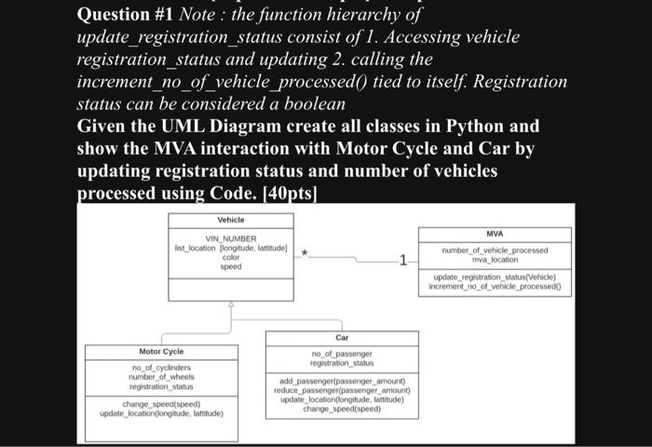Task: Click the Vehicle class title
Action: click(x=231, y=219)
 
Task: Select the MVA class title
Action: click(x=494, y=233)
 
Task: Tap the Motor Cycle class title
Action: click(x=161, y=351)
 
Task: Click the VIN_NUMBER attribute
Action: click(x=231, y=238)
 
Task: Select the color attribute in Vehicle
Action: click(x=231, y=257)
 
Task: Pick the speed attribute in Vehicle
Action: click(x=231, y=266)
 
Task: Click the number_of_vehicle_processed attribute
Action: click(x=494, y=251)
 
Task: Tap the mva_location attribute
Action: click(x=494, y=260)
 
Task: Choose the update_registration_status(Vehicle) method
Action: click(x=494, y=278)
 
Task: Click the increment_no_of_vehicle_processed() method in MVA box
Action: click(x=494, y=287)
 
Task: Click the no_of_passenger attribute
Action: click(x=342, y=354)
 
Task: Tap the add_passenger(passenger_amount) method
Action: click(x=342, y=381)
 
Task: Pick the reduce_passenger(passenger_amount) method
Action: click(x=342, y=390)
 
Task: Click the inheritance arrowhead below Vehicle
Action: click(x=231, y=305)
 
